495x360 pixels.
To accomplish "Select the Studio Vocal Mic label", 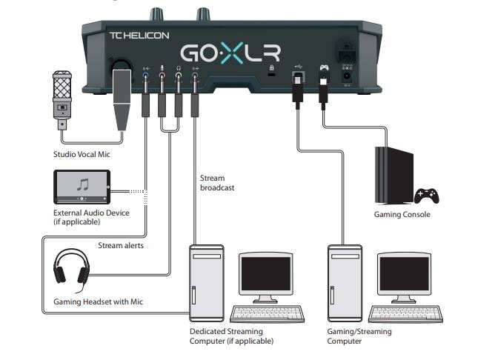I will [81, 154].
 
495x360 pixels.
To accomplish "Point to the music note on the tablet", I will [82, 184].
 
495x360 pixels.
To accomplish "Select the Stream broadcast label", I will [217, 183].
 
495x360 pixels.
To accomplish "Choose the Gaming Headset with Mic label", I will [97, 302].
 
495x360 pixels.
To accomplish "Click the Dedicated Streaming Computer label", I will [231, 336].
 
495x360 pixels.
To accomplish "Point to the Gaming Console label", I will [402, 215].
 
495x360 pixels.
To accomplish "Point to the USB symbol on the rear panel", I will [298, 67].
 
